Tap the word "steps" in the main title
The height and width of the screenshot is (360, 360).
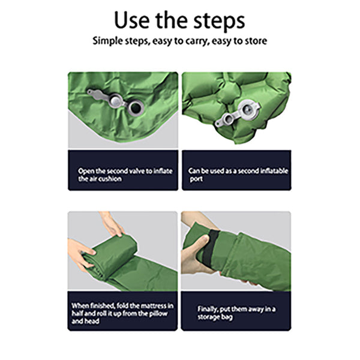pos(220,22)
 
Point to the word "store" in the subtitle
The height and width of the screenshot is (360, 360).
pos(256,41)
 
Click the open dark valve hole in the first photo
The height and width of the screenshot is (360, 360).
pos(136,108)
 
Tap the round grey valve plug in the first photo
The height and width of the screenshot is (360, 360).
pos(115,101)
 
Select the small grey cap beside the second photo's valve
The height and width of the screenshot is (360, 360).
pos(228,119)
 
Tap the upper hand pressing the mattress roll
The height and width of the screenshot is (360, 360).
pos(112,224)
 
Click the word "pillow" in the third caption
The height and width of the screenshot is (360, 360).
pos(158,314)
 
